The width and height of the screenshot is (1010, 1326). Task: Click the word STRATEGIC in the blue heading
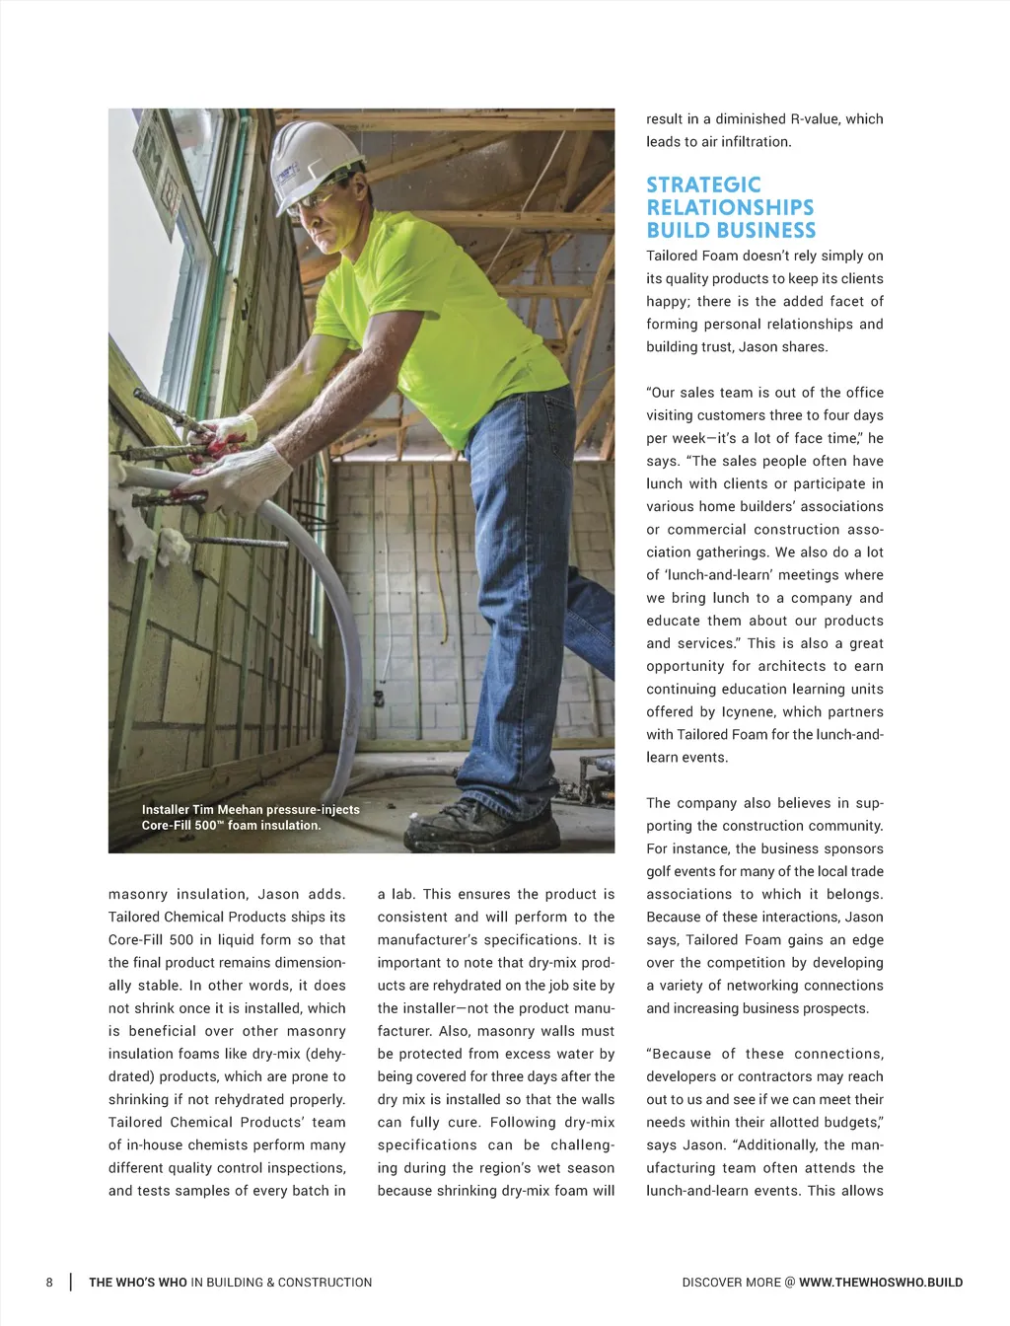703,185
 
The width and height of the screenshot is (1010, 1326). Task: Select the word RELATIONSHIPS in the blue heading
730,208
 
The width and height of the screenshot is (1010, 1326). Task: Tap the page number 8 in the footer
49,1283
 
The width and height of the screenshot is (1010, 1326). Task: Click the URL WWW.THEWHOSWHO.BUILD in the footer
881,1283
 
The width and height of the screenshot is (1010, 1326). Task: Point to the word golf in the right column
661,872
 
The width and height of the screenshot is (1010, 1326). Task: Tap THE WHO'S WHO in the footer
137,1283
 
